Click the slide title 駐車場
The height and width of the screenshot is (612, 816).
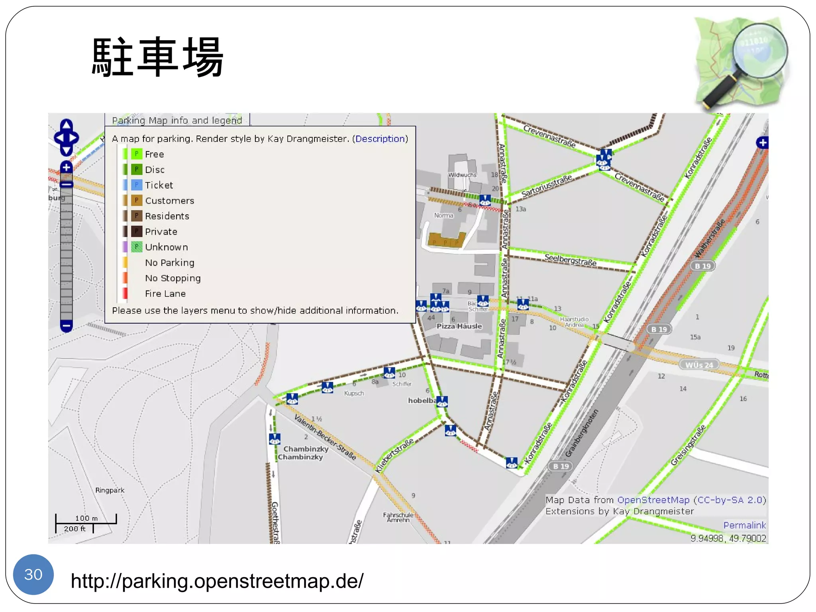tap(157, 57)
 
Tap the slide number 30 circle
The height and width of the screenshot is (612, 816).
tap(33, 574)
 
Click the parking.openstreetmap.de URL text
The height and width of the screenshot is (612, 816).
tap(217, 581)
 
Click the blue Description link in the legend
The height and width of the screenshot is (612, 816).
tap(380, 139)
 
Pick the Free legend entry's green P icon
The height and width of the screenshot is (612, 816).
tap(136, 154)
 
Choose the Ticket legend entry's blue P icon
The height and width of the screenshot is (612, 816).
tap(136, 185)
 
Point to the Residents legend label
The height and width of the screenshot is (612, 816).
tap(167, 216)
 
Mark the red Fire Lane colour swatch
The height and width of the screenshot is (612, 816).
tap(125, 293)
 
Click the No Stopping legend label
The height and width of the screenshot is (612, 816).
tap(173, 278)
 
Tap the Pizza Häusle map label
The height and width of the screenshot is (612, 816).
tap(459, 326)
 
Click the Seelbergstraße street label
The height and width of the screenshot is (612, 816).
tap(570, 260)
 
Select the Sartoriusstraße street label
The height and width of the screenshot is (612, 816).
tap(546, 186)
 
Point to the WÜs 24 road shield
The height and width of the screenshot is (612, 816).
tap(699, 365)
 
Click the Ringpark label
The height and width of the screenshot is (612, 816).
tap(110, 490)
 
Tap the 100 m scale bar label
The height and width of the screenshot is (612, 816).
tap(86, 518)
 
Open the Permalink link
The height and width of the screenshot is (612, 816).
tap(744, 525)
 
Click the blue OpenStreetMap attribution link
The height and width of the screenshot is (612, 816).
tap(653, 500)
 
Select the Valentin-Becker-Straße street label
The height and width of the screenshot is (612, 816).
tap(325, 437)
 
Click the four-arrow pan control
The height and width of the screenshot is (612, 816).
tap(67, 137)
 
